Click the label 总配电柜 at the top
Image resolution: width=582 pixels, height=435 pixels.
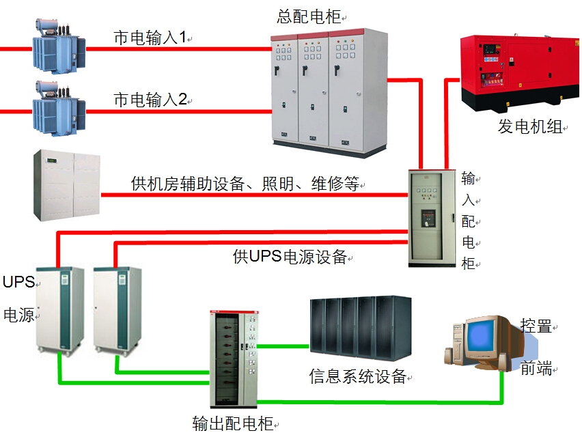click(308, 16)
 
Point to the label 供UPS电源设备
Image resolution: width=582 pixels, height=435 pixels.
click(290, 257)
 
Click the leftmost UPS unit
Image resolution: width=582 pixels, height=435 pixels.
click(60, 311)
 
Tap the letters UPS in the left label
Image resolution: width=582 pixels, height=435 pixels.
click(18, 281)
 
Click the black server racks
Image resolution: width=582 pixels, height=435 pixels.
click(360, 329)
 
